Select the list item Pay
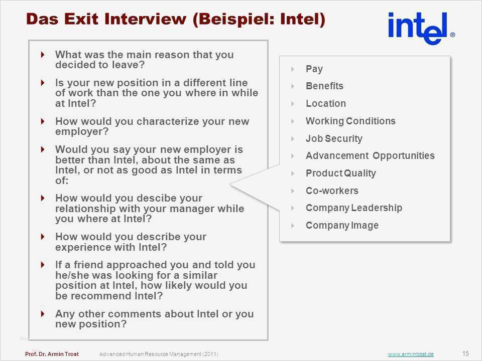[314, 69]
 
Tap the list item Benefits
[325, 86]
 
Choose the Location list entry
[326, 103]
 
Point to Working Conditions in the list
[351, 121]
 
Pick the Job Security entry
[334, 138]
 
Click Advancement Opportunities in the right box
[370, 155]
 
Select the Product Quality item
[341, 173]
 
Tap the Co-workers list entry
[332, 191]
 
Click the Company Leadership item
[354, 208]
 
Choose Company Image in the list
[342, 225]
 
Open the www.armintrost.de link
[411, 354]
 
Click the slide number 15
[465, 353]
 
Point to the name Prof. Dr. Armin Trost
[52, 354]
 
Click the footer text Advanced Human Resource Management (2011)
[159, 354]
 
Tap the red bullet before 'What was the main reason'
[43, 55]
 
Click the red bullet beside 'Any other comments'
[43, 314]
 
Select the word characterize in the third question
[168, 121]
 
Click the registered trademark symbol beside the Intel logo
[452, 35]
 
